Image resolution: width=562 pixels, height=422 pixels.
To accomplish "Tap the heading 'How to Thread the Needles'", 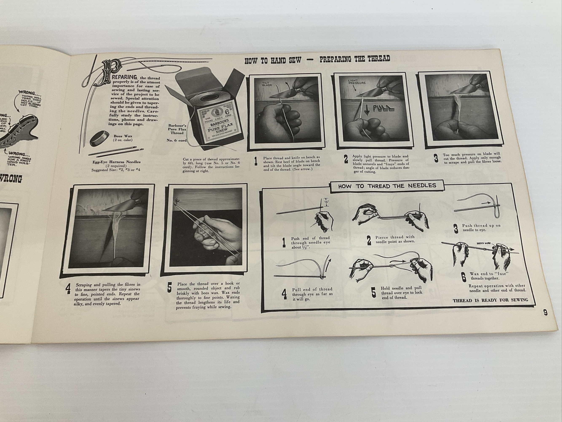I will click(387, 186).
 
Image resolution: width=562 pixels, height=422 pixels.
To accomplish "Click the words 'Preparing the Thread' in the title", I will click(354, 59).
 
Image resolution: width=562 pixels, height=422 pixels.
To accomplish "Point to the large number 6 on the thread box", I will click(227, 111).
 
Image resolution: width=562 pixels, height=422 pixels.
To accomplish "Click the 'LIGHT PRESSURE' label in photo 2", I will click(357, 81).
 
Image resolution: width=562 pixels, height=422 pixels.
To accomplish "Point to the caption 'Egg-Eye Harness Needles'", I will click(117, 162).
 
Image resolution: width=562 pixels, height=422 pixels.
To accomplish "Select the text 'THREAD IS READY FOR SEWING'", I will click(490, 300).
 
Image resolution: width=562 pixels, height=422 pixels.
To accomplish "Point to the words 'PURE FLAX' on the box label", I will click(221, 127).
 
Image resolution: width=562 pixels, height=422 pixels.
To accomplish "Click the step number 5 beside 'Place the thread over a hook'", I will click(169, 287).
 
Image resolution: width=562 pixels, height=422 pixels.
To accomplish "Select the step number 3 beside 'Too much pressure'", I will click(436, 158).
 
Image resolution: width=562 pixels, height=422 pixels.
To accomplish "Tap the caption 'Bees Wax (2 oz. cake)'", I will click(123, 138).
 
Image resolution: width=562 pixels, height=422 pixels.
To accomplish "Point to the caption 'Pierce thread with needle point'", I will click(395, 239).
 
